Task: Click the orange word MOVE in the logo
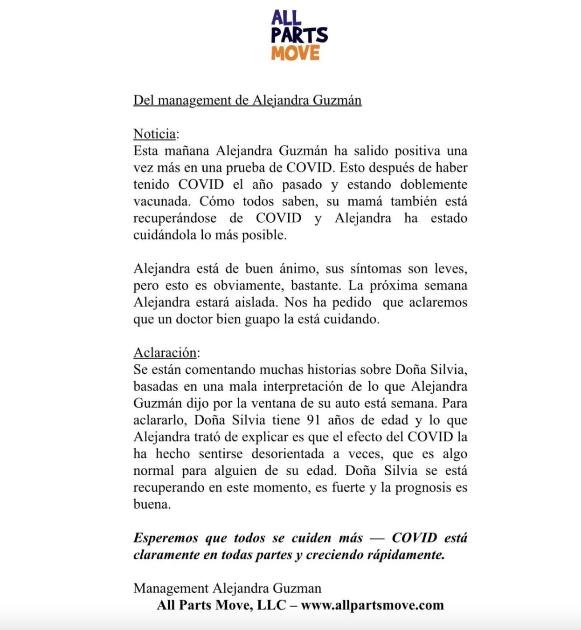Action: [296, 53]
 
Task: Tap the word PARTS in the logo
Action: [299, 35]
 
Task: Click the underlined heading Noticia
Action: [154, 134]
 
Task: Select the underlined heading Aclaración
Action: [165, 353]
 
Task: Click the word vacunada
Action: [161, 202]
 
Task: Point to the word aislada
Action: [255, 302]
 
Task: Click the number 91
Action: [313, 420]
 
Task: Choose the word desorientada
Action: [288, 454]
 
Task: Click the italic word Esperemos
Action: [166, 538]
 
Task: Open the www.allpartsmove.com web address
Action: [372, 605]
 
